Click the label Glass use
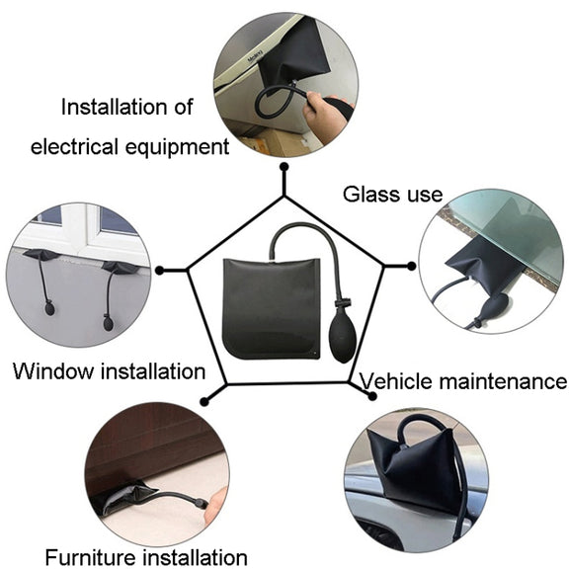[x=392, y=195]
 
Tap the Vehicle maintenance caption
[x=463, y=381]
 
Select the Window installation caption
[x=110, y=371]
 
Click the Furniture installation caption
[x=146, y=557]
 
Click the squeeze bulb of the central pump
[x=343, y=334]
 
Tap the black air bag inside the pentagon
[x=272, y=308]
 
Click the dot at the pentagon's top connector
[x=284, y=167]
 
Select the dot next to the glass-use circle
[x=411, y=266]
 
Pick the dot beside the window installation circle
[x=159, y=270]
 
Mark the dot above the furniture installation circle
[x=204, y=401]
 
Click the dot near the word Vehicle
[x=372, y=396]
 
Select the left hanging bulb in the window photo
[x=49, y=309]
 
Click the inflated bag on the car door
[x=417, y=464]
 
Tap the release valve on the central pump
[x=343, y=302]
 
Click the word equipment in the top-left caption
[x=177, y=148]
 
